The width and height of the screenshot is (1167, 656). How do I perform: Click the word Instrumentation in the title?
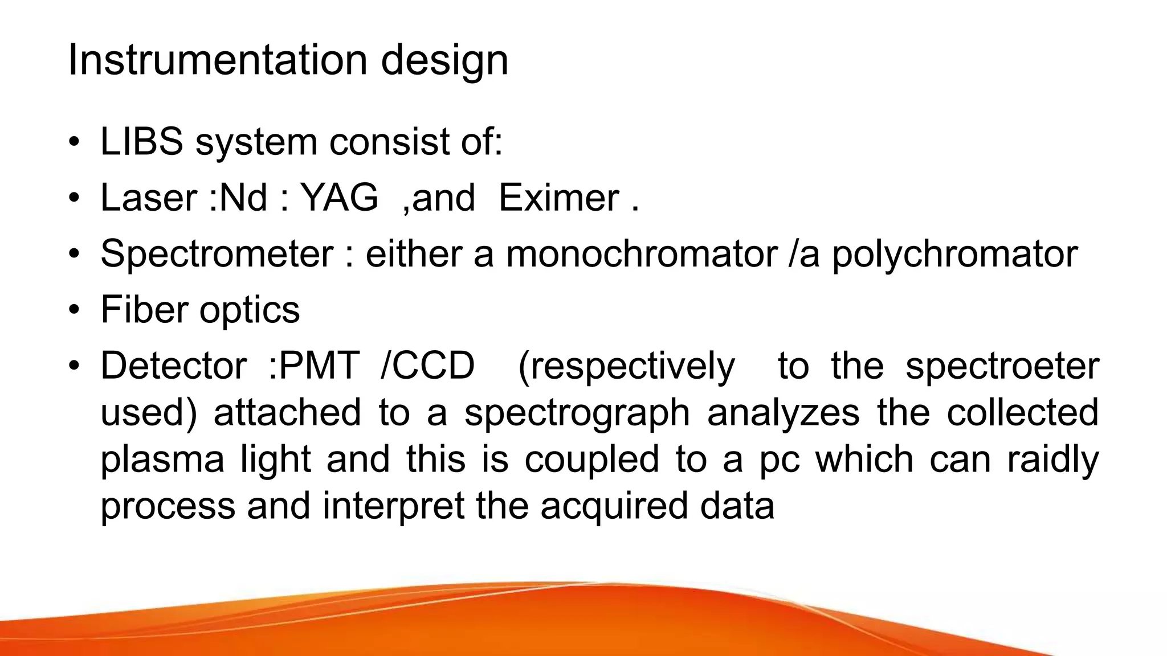coord(217,60)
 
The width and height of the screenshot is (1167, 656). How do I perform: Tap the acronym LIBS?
coord(141,141)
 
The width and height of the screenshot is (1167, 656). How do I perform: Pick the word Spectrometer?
coord(217,254)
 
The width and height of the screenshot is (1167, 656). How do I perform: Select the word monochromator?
coord(642,253)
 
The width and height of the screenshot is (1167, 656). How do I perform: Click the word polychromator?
coord(954,254)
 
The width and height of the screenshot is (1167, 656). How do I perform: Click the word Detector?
coord(173,366)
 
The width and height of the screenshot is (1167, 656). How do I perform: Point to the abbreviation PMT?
coord(320,366)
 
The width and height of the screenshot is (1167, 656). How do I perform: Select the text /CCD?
coord(427,366)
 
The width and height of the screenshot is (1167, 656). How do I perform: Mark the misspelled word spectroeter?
coord(1002,366)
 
